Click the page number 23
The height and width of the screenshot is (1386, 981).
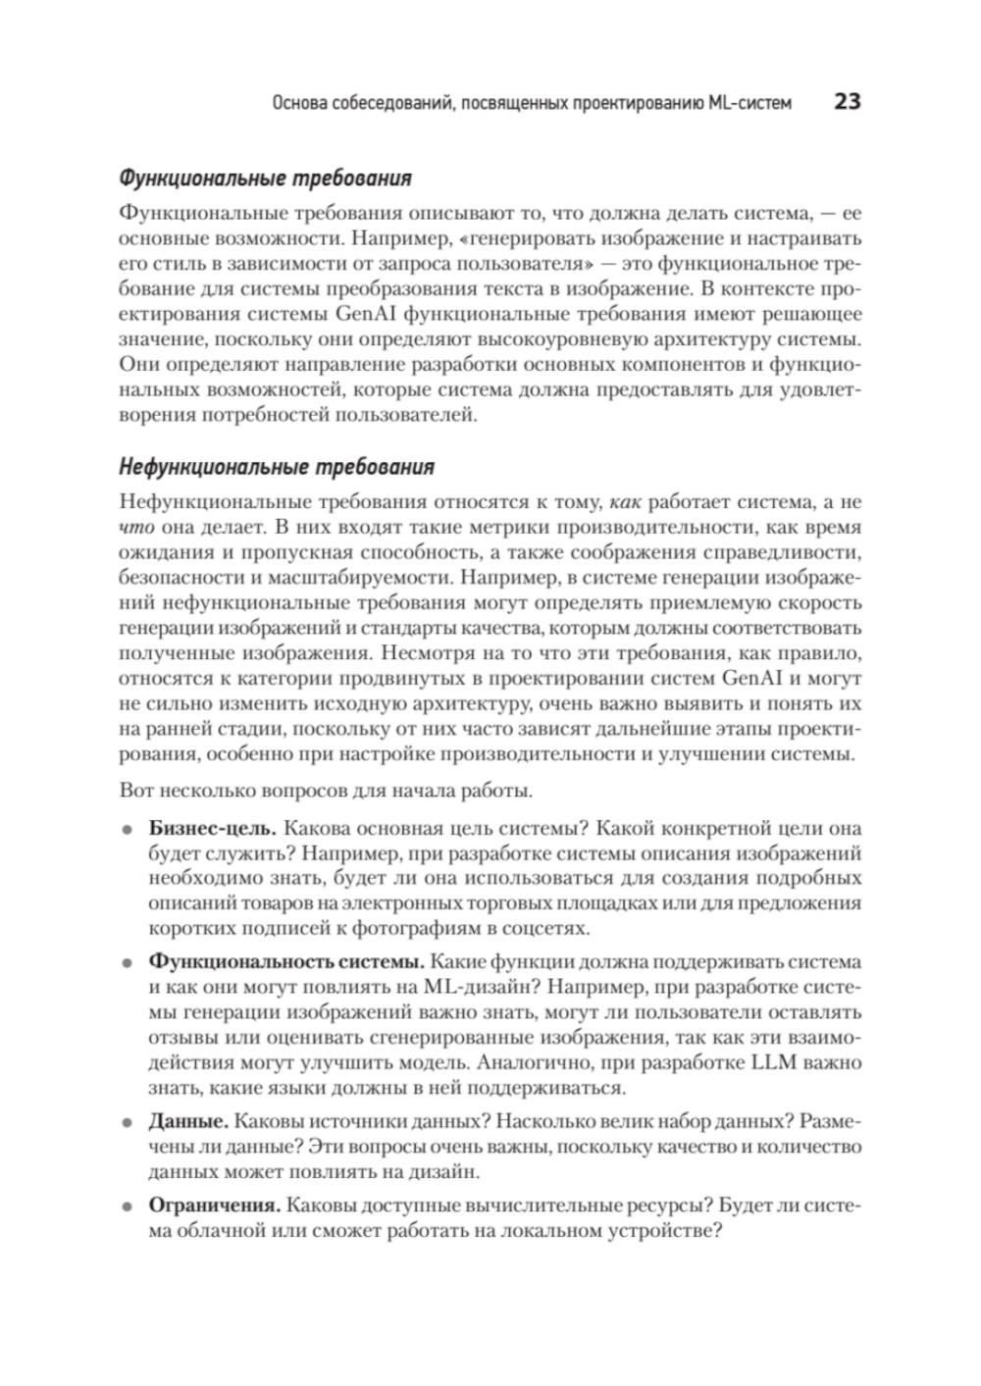(x=847, y=101)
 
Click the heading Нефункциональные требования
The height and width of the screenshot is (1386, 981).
(x=276, y=467)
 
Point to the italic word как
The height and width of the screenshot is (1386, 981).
(x=625, y=501)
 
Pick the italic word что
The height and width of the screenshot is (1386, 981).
(x=134, y=527)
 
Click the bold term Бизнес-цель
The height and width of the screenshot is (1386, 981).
(x=212, y=827)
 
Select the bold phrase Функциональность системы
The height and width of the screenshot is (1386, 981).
(x=286, y=961)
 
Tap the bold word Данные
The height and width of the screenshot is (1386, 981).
(x=188, y=1121)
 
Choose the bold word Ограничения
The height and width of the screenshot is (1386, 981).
(x=215, y=1205)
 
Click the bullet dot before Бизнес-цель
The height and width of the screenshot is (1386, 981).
(x=127, y=829)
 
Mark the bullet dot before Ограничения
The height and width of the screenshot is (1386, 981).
(x=127, y=1206)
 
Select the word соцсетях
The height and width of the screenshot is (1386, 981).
(x=550, y=928)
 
